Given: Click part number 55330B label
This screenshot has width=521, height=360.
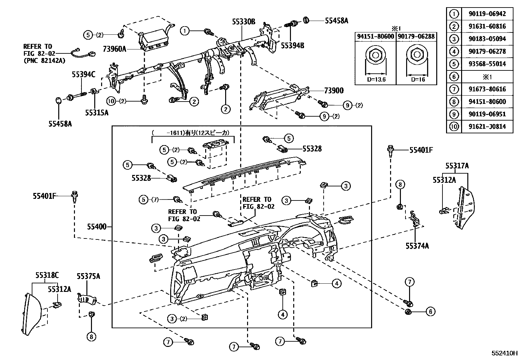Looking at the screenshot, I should [243, 22].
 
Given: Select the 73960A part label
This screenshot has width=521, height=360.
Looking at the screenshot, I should [114, 49].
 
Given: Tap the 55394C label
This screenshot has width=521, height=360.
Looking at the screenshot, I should [83, 75].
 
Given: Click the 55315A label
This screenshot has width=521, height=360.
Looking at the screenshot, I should [97, 112].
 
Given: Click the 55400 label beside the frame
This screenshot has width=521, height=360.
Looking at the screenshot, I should [97, 226].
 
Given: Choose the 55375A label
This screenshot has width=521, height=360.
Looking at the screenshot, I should [88, 276].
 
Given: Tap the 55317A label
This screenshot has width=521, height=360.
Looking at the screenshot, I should [457, 166].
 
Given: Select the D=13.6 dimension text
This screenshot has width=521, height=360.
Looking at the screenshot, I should [375, 80].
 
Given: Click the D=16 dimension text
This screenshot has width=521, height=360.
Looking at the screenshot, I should [416, 80].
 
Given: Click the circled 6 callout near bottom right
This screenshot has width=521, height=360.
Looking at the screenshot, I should [430, 312].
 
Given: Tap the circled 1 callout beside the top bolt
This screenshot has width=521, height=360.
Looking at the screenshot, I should [185, 31].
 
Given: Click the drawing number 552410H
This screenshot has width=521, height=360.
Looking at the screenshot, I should [504, 353].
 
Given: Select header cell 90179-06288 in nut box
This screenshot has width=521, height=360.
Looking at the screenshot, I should [416, 36].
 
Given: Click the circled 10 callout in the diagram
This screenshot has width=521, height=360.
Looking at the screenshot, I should [112, 101].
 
